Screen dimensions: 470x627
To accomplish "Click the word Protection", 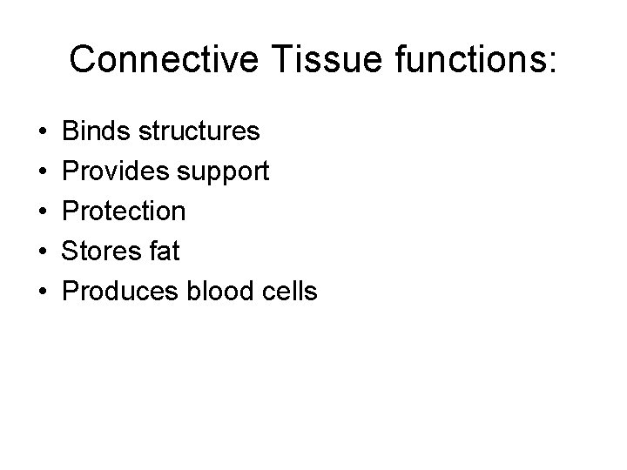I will pos(125,211).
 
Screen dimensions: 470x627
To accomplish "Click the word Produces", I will pos(122,292).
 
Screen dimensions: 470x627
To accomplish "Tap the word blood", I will pos(219,292).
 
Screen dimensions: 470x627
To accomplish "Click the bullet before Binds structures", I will pos(44,132).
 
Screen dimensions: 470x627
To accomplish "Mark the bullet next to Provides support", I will pos(44,172).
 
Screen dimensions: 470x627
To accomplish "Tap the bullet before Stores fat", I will pos(44,252).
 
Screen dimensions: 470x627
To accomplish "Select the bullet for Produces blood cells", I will pos(44,292).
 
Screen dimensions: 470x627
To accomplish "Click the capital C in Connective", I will pos(84,59).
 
